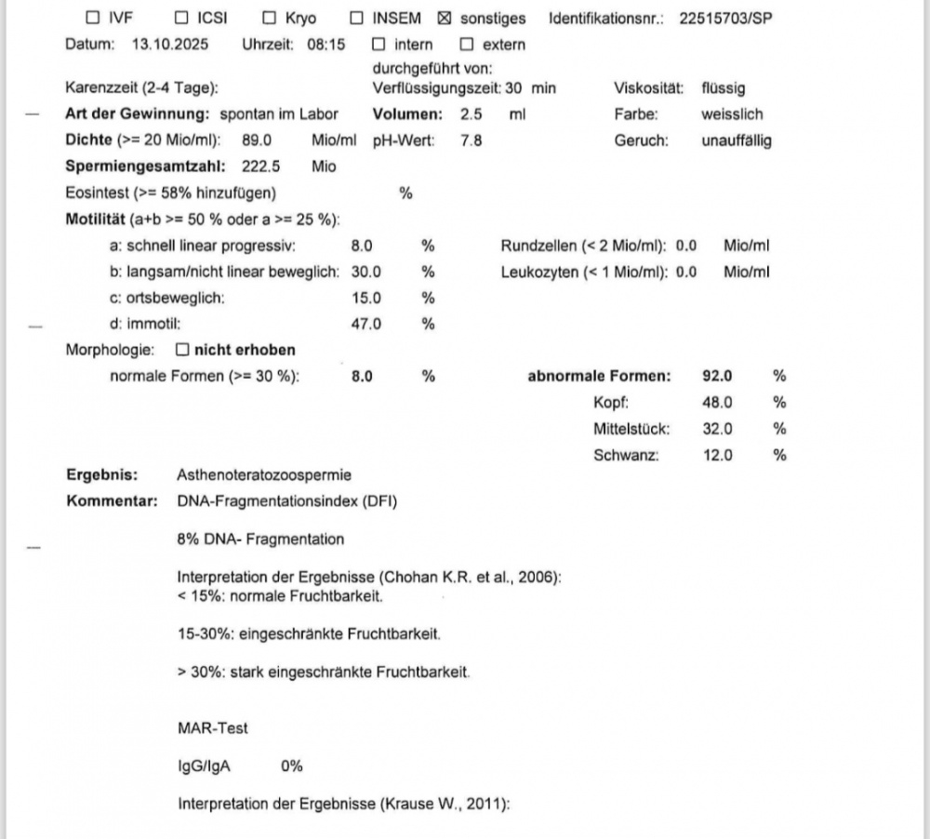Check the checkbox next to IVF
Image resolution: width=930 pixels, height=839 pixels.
(x=91, y=19)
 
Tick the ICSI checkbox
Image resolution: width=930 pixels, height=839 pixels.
(x=181, y=19)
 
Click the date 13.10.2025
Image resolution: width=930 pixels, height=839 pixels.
(x=171, y=45)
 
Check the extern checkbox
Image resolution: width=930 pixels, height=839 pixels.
(x=467, y=45)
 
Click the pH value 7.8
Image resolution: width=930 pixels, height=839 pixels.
(x=472, y=141)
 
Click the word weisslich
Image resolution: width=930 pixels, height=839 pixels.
(x=732, y=114)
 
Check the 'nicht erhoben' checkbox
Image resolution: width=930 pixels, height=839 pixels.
(x=182, y=351)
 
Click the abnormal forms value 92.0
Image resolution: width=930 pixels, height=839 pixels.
(x=718, y=377)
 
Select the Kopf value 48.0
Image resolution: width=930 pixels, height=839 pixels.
(x=718, y=403)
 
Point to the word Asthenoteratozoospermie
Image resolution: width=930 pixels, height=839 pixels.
(x=264, y=474)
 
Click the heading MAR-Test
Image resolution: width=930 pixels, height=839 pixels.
(x=213, y=729)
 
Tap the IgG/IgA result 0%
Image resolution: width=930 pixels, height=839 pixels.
(x=292, y=766)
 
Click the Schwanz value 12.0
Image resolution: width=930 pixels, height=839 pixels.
(x=718, y=455)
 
